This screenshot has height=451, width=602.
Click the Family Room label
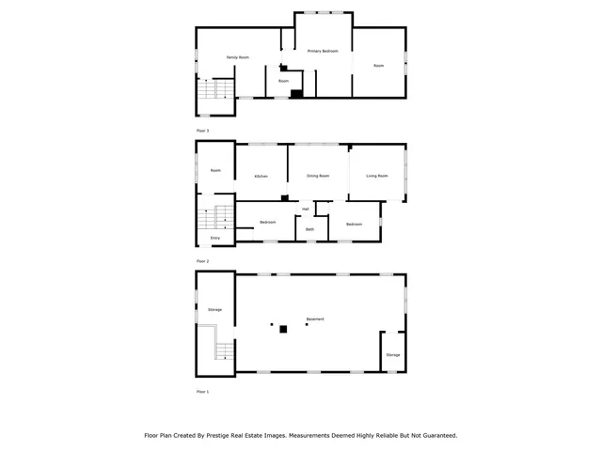[237, 58]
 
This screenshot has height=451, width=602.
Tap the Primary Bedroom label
[323, 50]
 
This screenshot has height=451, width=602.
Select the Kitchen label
[260, 177]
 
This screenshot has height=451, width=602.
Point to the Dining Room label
[318, 176]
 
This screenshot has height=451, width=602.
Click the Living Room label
[376, 176]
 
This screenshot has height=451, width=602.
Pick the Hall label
[306, 209]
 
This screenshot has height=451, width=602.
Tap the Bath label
[309, 229]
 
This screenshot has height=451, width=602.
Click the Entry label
[215, 239]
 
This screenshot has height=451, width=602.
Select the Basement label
[315, 319]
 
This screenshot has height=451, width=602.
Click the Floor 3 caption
[202, 130]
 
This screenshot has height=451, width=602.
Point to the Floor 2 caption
[202, 261]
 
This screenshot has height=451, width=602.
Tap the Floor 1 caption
[202, 390]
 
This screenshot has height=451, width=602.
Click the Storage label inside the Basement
[392, 355]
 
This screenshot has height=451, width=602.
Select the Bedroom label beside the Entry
[268, 222]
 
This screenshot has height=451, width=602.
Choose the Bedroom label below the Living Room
[354, 224]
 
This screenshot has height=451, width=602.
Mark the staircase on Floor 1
[223, 350]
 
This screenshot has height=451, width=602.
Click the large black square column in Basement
[283, 328]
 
